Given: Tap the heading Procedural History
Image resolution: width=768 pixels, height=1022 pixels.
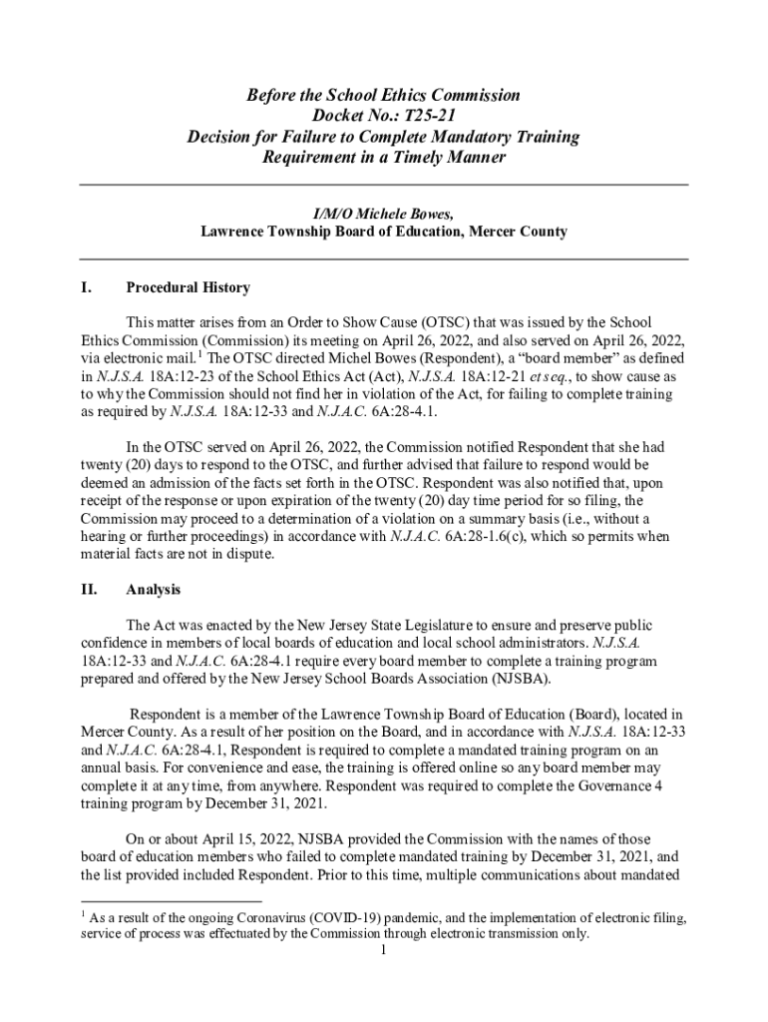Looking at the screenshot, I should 189,288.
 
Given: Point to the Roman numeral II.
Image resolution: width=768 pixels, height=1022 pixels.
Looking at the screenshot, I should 89,590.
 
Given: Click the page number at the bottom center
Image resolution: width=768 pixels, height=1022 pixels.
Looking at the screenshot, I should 384,950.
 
